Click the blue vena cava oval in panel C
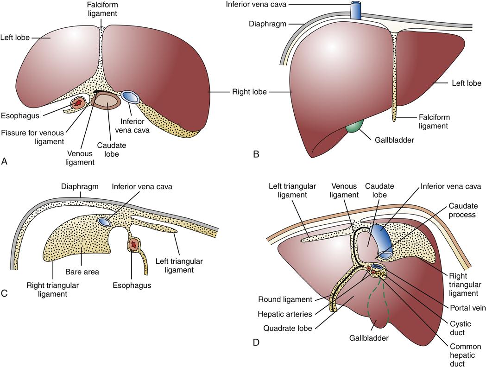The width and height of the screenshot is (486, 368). tap(105, 222)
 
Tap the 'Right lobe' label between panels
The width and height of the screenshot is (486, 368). tap(250, 92)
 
